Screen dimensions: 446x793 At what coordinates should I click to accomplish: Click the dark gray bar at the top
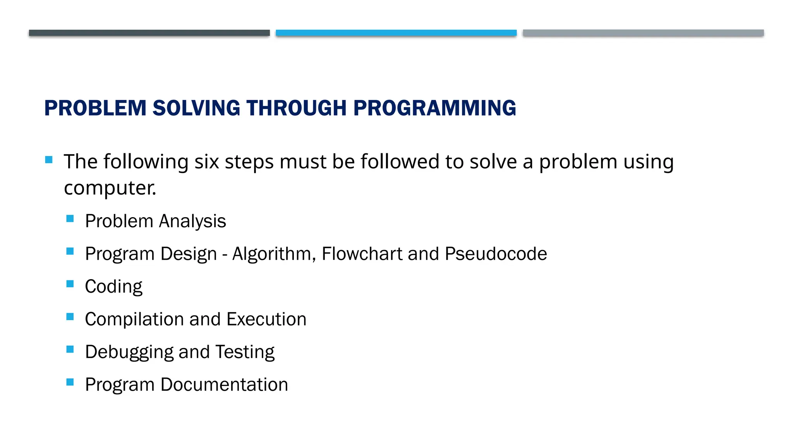(x=149, y=33)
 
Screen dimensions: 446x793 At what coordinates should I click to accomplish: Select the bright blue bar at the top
(x=396, y=33)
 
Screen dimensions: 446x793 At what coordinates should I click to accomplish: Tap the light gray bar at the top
(x=643, y=33)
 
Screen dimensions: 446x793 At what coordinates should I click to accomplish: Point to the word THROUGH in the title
(x=297, y=108)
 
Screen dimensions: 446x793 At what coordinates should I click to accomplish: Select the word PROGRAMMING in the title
(x=434, y=108)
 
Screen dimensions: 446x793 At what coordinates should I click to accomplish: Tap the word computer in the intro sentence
(x=110, y=188)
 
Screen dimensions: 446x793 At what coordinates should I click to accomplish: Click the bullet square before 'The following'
(x=49, y=160)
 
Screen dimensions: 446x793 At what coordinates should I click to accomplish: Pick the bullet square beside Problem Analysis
(x=70, y=219)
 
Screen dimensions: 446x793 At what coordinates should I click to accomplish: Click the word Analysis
(x=192, y=221)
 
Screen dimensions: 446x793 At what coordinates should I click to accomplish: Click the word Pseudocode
(x=496, y=254)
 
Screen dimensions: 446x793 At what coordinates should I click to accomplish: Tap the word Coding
(x=113, y=287)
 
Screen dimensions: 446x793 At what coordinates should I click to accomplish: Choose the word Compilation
(x=134, y=319)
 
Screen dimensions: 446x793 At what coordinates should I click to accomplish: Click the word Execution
(x=266, y=319)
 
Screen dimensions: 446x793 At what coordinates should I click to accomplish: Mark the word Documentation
(x=224, y=385)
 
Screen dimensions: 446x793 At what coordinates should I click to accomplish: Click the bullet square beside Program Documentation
(x=70, y=382)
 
